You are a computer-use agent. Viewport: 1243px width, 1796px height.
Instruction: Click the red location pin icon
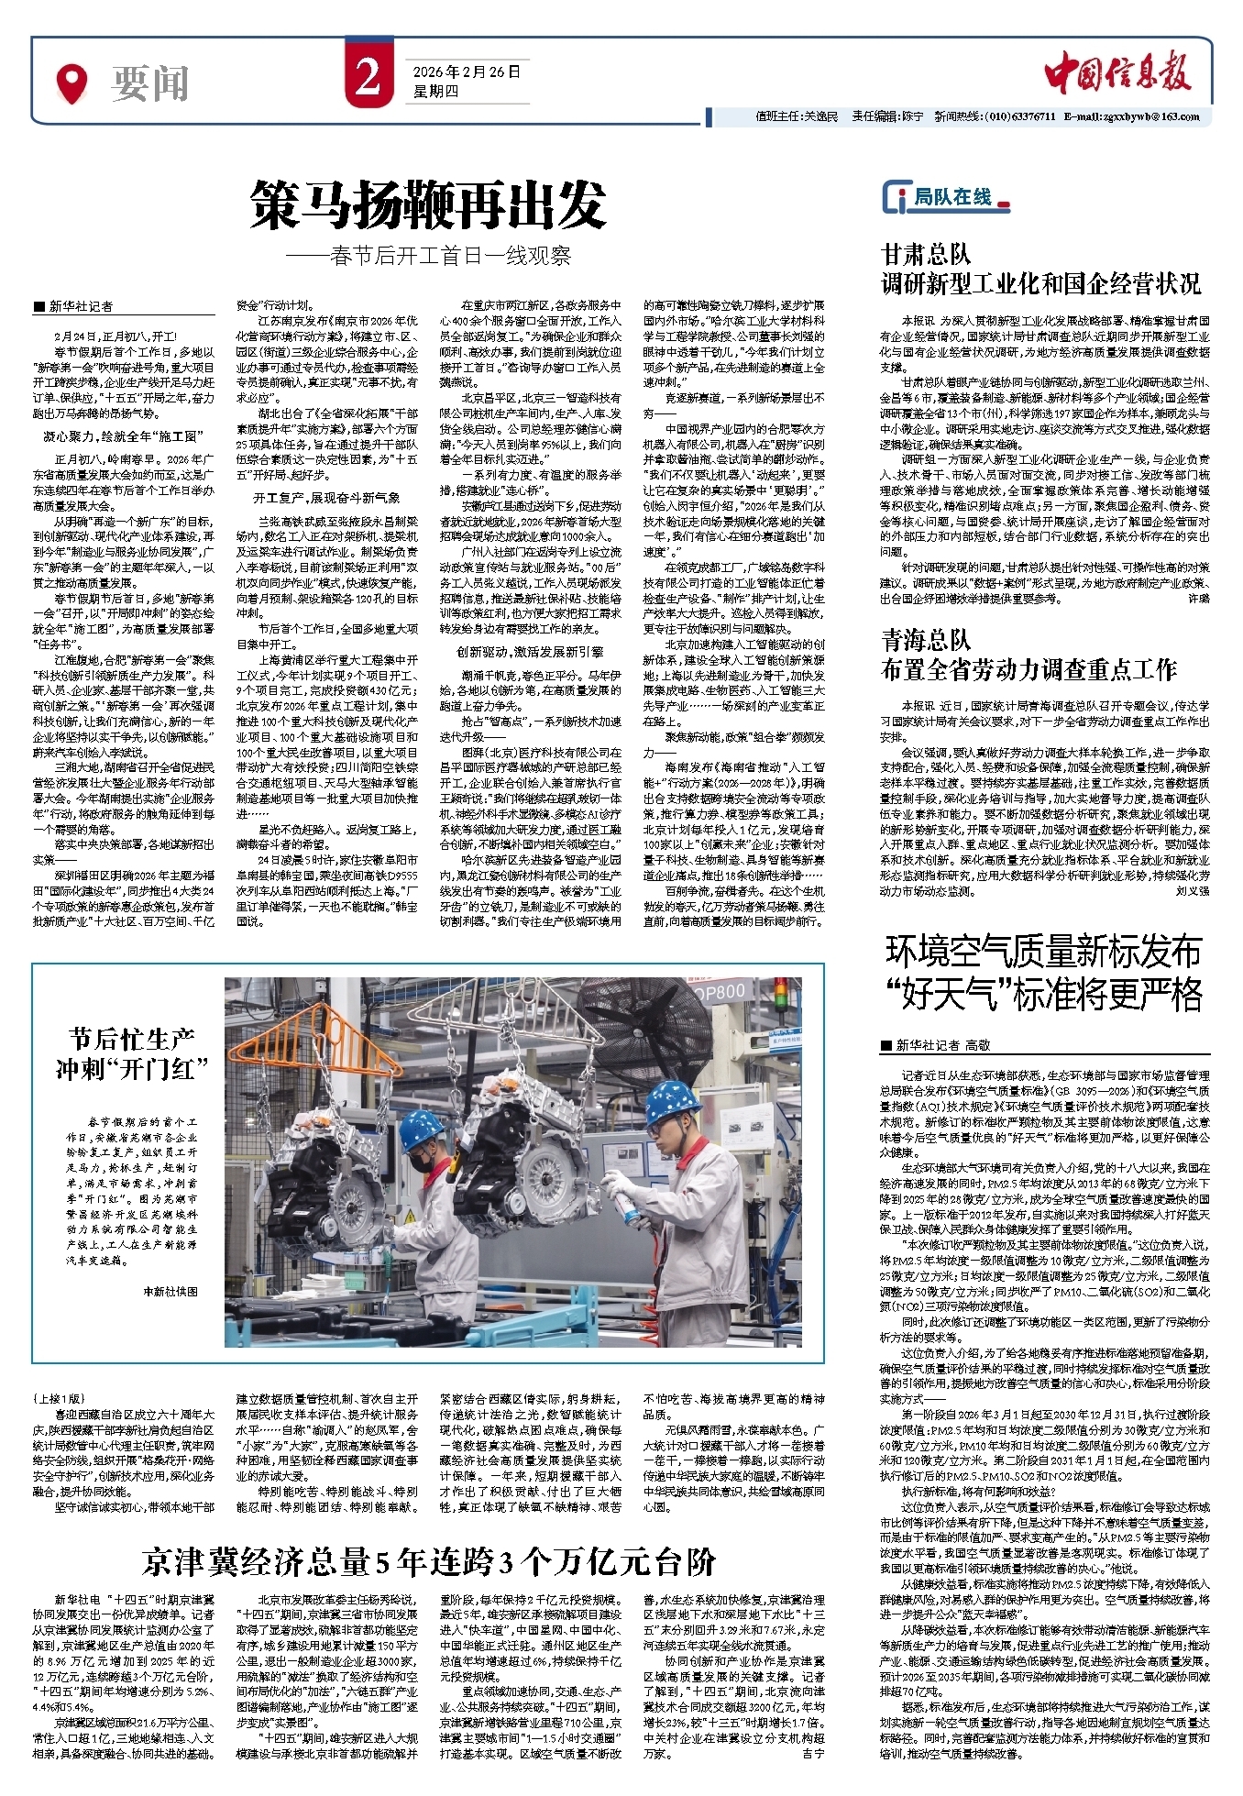(71, 83)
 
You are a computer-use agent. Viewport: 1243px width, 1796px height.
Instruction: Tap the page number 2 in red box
(368, 79)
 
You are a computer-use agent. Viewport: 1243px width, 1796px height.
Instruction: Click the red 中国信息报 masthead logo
(1117, 73)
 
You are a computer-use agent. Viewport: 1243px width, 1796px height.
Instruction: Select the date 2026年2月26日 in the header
(466, 72)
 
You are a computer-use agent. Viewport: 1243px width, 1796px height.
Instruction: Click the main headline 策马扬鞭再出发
(428, 204)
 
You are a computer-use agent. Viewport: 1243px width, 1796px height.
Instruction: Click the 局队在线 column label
(951, 197)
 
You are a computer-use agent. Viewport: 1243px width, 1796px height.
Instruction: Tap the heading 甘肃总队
(925, 254)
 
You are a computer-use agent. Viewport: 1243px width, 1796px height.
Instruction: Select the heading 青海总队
(925, 640)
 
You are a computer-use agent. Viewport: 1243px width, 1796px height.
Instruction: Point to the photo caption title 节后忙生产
(131, 1039)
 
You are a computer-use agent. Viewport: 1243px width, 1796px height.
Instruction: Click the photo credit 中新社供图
(170, 1291)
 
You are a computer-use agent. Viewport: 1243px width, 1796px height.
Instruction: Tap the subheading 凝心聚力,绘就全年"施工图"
(124, 436)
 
